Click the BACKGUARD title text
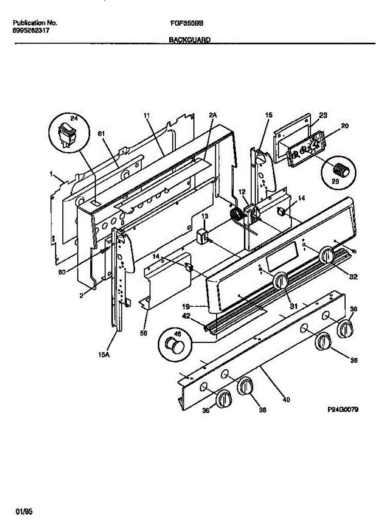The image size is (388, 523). click(189, 40)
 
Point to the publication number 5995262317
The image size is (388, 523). click(31, 31)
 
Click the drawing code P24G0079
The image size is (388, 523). click(343, 410)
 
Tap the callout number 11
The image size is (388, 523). click(146, 115)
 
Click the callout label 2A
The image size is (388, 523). click(212, 115)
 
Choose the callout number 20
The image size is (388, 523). click(344, 126)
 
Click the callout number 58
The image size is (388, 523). click(144, 333)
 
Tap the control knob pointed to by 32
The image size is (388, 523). click(327, 255)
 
